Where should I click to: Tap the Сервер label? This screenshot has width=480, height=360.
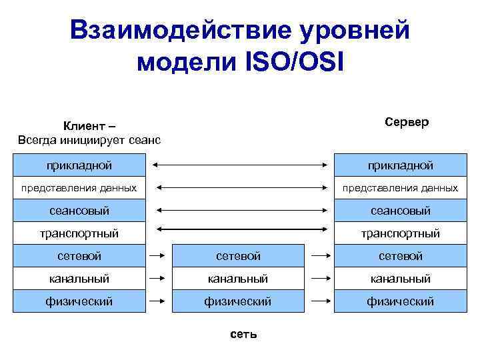click(407, 123)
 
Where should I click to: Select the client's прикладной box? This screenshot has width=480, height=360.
click(79, 164)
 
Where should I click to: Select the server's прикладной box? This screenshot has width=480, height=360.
click(400, 164)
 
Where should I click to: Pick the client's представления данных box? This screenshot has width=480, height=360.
click(79, 187)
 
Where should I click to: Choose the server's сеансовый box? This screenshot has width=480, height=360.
click(400, 211)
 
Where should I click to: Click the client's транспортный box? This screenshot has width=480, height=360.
click(79, 233)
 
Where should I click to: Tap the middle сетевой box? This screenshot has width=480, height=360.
click(238, 256)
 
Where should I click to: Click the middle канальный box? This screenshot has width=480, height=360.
click(238, 279)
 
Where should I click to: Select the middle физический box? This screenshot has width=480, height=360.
click(238, 301)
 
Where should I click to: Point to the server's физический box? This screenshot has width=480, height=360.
click(400, 301)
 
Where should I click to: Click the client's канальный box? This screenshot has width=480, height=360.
click(79, 279)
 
